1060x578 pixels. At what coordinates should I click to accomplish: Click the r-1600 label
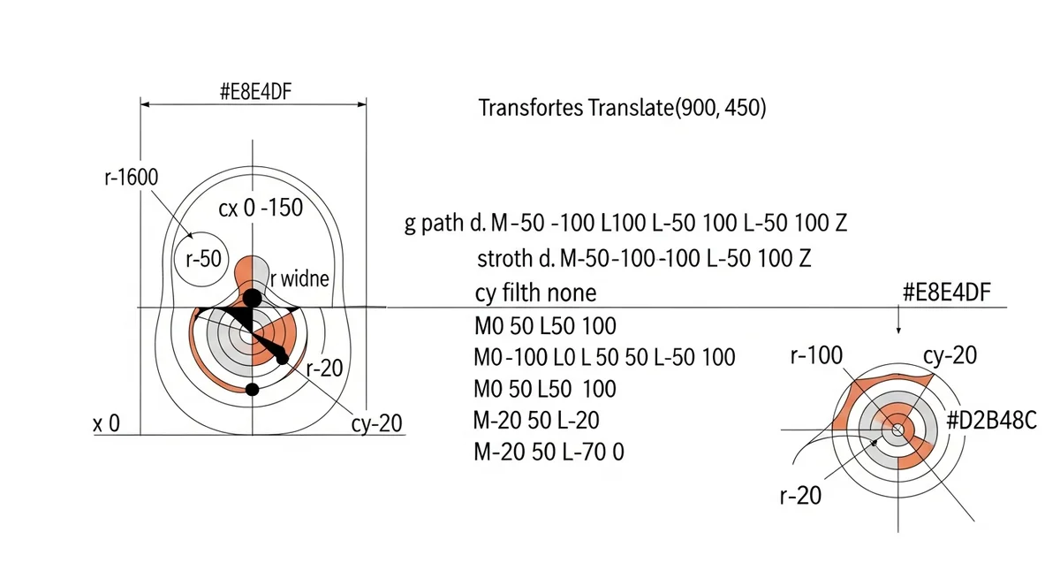tap(131, 178)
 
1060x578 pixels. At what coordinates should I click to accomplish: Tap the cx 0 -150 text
tap(261, 208)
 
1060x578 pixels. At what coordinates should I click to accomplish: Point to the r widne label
tap(299, 278)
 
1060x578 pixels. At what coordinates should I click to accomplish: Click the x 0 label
tap(107, 423)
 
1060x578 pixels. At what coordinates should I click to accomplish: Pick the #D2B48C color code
tap(991, 420)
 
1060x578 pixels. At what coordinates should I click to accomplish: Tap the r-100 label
tap(816, 355)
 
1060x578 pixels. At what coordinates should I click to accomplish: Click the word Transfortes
tap(531, 108)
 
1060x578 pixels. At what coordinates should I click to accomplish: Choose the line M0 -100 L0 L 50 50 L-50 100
tap(604, 357)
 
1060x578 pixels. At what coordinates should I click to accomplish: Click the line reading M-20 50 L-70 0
tap(549, 452)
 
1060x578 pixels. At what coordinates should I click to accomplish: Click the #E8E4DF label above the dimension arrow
tap(255, 91)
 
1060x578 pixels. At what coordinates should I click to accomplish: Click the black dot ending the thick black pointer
tap(282, 358)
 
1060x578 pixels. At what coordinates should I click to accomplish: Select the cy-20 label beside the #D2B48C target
tap(950, 355)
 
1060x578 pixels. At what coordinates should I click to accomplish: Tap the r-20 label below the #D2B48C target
tap(800, 495)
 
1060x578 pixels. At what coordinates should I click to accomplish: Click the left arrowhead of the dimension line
tap(145, 104)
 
